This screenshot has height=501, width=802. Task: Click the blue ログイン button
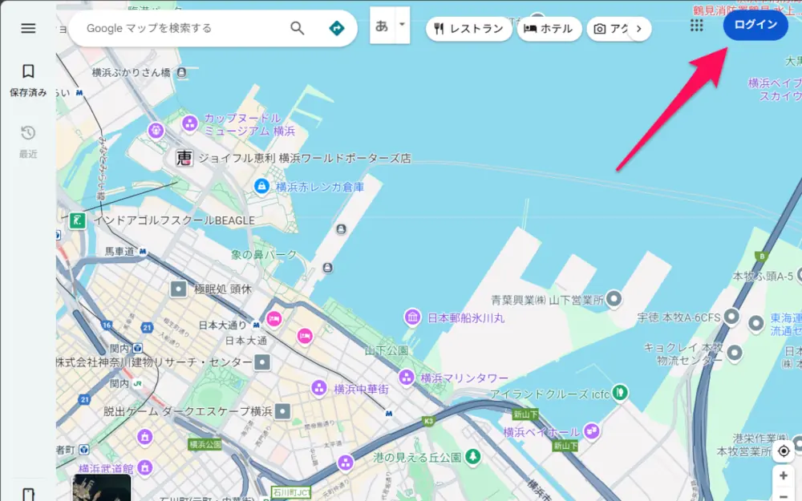tap(755, 25)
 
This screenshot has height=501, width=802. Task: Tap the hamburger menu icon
tap(28, 28)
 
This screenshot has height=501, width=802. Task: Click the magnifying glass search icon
tap(298, 28)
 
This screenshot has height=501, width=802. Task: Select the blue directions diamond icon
tap(337, 28)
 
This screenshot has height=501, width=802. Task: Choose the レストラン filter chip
tap(468, 29)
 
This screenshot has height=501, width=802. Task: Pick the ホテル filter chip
tap(549, 29)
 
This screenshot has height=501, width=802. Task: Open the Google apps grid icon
tap(696, 26)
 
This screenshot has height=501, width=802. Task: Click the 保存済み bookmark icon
tap(28, 72)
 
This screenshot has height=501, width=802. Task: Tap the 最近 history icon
tap(28, 133)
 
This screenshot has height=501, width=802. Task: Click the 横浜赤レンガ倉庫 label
tap(319, 187)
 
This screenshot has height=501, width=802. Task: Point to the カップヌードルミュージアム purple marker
tap(190, 123)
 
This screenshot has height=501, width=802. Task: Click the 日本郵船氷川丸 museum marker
tap(412, 317)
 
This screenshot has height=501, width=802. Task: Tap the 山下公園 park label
tap(387, 350)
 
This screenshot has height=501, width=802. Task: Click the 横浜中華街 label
tap(361, 389)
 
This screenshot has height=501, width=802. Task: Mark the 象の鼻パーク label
tap(264, 255)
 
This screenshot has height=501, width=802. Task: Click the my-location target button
tap(784, 450)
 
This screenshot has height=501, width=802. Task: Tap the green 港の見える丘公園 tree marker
tap(474, 457)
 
